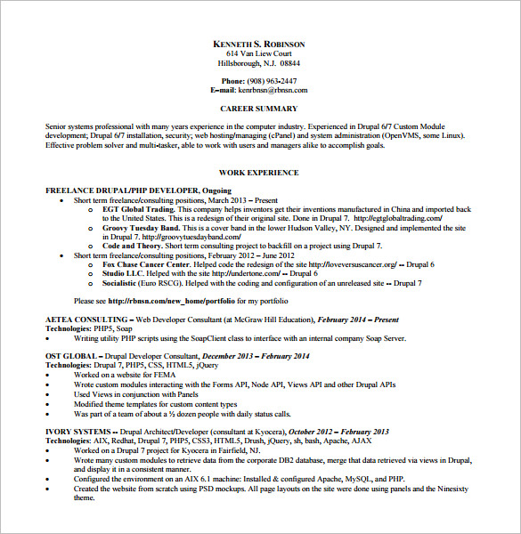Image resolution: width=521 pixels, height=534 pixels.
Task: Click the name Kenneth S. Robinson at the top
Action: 259,44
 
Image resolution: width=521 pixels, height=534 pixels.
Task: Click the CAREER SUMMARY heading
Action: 259,109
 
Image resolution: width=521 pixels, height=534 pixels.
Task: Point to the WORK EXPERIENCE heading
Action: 259,173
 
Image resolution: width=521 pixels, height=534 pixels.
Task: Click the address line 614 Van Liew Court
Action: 259,53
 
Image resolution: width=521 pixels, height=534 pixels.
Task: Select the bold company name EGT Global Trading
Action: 137,208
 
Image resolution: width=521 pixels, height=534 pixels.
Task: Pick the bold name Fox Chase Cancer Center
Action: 146,264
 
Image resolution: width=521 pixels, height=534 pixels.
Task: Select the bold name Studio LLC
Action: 124,274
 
